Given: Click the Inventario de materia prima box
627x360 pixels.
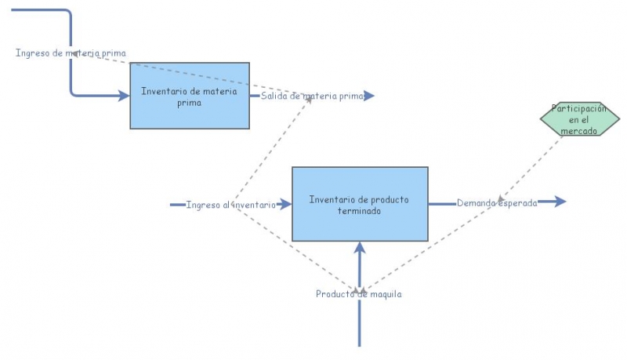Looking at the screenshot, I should [190, 96].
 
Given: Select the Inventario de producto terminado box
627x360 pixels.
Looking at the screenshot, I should [360, 204].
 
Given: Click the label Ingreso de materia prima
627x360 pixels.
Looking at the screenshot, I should [71, 53].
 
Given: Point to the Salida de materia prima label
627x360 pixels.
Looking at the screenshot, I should [313, 96].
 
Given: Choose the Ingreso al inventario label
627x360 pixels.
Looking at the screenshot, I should [230, 205].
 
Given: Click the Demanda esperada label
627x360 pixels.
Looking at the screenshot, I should [497, 202].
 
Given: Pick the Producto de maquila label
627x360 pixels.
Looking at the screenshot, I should [359, 294].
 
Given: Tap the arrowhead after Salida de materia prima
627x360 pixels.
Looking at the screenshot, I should [369, 96].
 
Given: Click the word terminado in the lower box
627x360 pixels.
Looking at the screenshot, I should [360, 210].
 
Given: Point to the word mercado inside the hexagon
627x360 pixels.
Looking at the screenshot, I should [579, 131].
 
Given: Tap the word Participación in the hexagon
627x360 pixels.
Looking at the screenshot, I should [579, 109].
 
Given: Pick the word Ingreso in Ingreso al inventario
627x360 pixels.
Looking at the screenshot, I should [202, 205].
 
